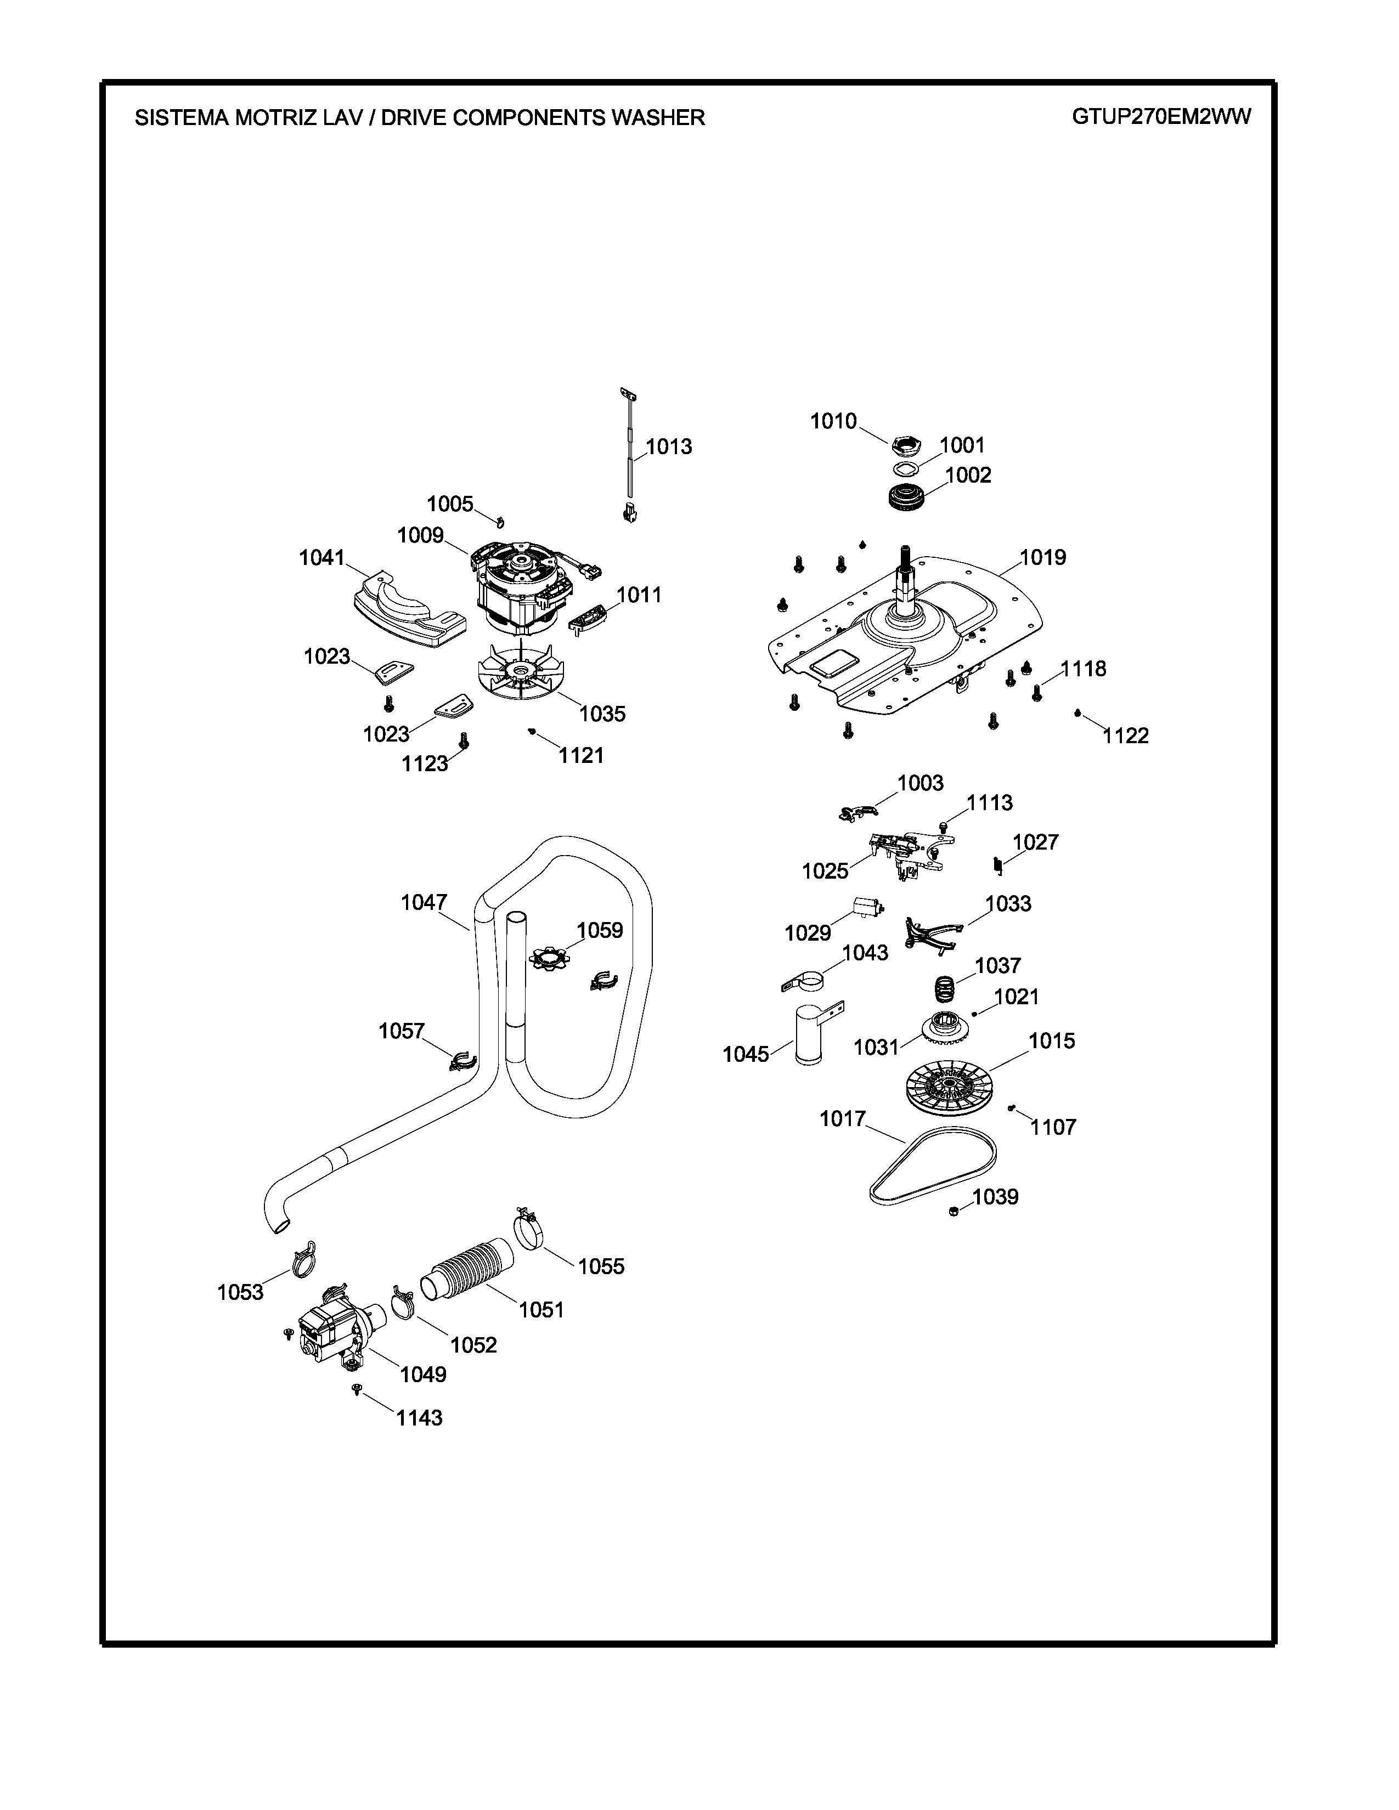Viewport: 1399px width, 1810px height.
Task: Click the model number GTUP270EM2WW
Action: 1161,117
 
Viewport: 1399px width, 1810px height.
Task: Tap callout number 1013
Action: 669,446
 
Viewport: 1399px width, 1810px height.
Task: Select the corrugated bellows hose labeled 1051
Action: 469,1280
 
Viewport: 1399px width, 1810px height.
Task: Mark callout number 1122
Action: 1125,736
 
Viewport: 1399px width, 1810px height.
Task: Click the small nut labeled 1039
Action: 954,1212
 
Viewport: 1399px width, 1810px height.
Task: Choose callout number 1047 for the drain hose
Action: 424,902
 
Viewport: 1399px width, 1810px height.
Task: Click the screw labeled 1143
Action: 357,1388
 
